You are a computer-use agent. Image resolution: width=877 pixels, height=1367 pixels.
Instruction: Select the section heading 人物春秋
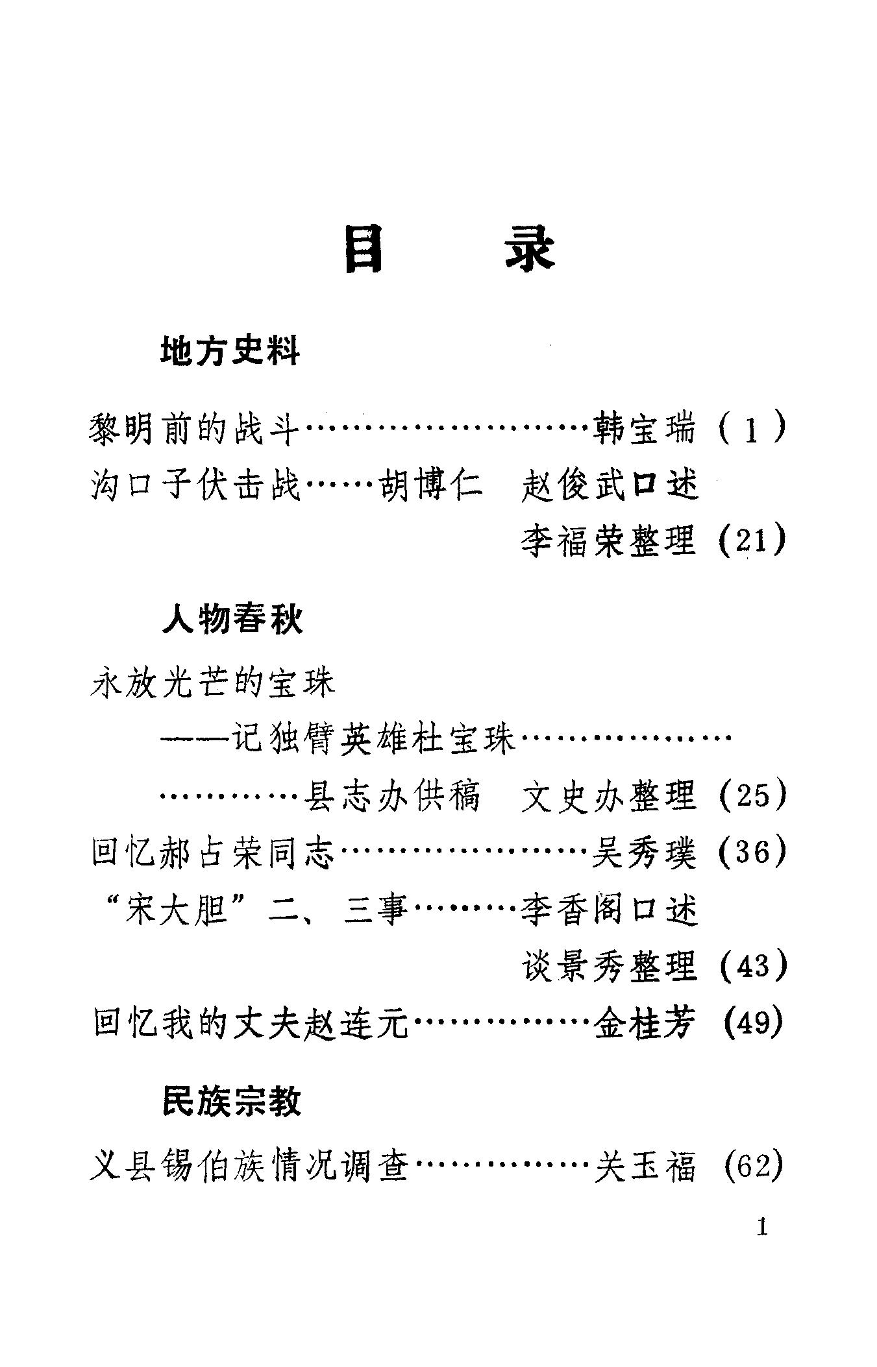(x=232, y=620)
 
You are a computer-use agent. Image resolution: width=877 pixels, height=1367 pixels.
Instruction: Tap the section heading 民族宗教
(x=232, y=1101)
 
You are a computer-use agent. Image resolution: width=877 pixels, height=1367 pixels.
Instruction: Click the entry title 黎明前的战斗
(x=193, y=429)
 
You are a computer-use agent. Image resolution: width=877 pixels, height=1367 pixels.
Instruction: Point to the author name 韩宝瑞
(x=644, y=429)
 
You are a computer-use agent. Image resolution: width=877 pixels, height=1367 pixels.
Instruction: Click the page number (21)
(x=753, y=540)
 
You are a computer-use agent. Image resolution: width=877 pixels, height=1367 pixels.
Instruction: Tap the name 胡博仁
(x=430, y=485)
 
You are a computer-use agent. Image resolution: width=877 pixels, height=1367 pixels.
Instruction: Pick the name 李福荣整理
(x=609, y=540)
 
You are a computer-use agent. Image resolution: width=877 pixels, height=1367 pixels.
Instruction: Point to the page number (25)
(x=753, y=795)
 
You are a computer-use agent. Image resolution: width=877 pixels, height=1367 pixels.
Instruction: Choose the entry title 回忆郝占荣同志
(x=213, y=852)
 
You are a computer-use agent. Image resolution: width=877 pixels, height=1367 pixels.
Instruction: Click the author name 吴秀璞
(x=644, y=852)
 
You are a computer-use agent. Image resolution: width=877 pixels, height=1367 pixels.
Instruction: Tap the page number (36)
(x=753, y=852)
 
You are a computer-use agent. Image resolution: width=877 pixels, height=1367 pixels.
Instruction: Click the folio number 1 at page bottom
(x=762, y=1227)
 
